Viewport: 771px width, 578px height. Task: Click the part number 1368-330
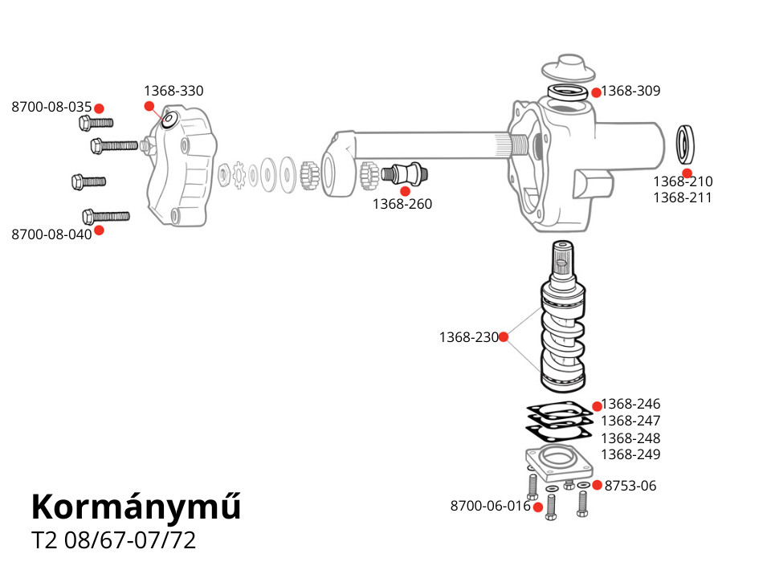(173, 91)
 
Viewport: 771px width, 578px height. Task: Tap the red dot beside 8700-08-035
(99, 108)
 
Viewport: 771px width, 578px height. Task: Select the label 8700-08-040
(51, 234)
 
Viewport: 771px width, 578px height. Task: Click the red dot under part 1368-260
(405, 191)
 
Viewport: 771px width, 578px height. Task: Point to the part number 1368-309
(630, 91)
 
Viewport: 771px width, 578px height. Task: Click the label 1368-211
(682, 197)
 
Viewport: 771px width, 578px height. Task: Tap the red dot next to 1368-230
(504, 337)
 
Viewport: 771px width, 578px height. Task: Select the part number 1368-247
(630, 421)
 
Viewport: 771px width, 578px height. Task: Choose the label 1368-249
(630, 454)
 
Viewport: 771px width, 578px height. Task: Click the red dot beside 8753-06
(597, 485)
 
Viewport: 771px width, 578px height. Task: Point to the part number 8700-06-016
(491, 506)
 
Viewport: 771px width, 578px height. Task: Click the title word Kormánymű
(136, 507)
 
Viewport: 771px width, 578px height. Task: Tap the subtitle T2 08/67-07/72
(113, 540)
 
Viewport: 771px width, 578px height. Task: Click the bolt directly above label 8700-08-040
(106, 216)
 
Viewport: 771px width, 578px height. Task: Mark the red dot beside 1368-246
(597, 406)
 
